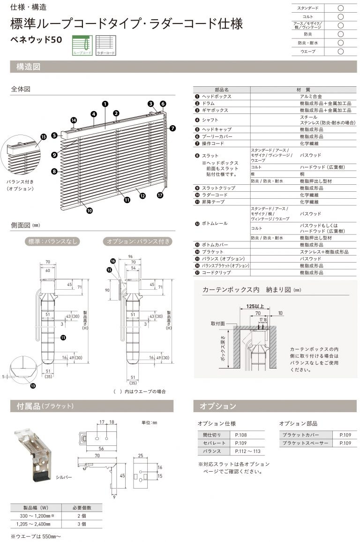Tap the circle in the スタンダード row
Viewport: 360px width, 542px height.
pyautogui.click(x=340, y=8)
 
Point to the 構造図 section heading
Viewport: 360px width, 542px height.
pyautogui.click(x=29, y=67)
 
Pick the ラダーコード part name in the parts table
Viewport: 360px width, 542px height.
pyautogui.click(x=214, y=195)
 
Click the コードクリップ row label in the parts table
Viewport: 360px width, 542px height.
pyautogui.click(x=216, y=272)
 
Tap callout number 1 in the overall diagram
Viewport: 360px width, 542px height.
pyautogui.click(x=105, y=104)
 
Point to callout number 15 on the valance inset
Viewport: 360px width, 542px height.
pyautogui.click(x=44, y=137)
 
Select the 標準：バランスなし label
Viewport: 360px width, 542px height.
pyautogui.click(x=52, y=242)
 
